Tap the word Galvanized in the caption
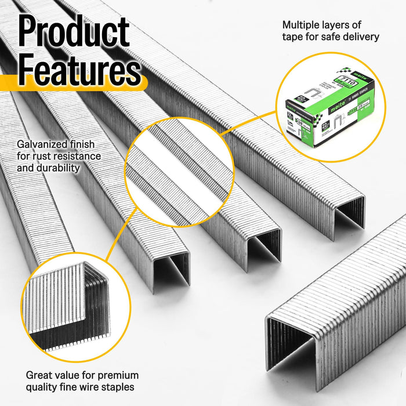41,144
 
